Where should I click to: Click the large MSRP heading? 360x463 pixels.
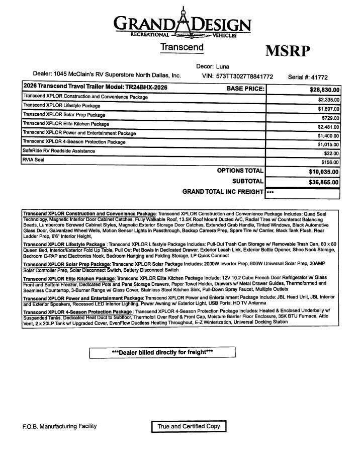[x=288, y=51]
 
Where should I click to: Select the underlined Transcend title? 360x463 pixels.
[x=182, y=47]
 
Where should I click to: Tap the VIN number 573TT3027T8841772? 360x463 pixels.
[x=244, y=76]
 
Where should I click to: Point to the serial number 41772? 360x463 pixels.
[x=319, y=77]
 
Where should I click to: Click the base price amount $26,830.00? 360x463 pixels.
[x=325, y=90]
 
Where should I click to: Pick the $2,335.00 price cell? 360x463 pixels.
[x=329, y=100]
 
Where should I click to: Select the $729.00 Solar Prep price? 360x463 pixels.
[x=330, y=118]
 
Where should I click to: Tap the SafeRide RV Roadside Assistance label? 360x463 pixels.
[x=58, y=151]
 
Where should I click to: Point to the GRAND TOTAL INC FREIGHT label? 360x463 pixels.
[x=222, y=192]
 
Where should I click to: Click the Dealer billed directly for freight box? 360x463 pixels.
[x=162, y=352]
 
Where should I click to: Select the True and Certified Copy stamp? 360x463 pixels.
[x=189, y=426]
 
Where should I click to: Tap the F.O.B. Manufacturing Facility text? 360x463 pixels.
[x=59, y=426]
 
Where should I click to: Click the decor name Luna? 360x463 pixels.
[x=222, y=66]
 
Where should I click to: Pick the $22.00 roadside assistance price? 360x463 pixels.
[x=332, y=153]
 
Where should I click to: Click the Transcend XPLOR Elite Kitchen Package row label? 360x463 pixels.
[x=66, y=124]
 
